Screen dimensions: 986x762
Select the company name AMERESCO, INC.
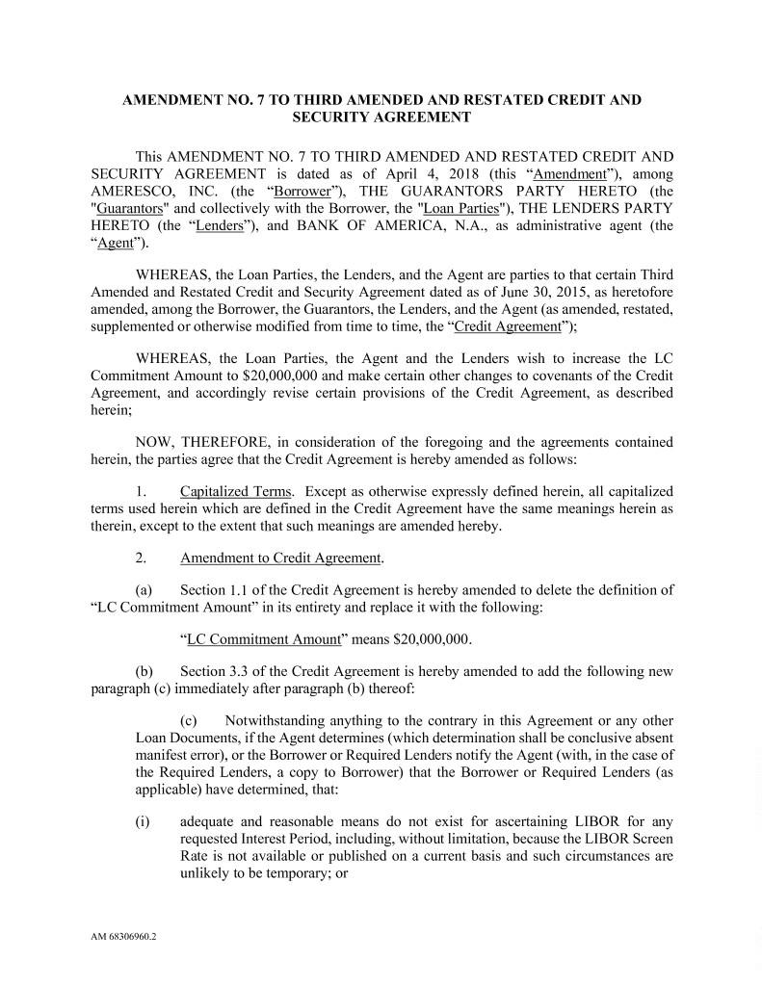coord(139,192)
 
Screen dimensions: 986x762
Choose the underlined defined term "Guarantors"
coord(131,209)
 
